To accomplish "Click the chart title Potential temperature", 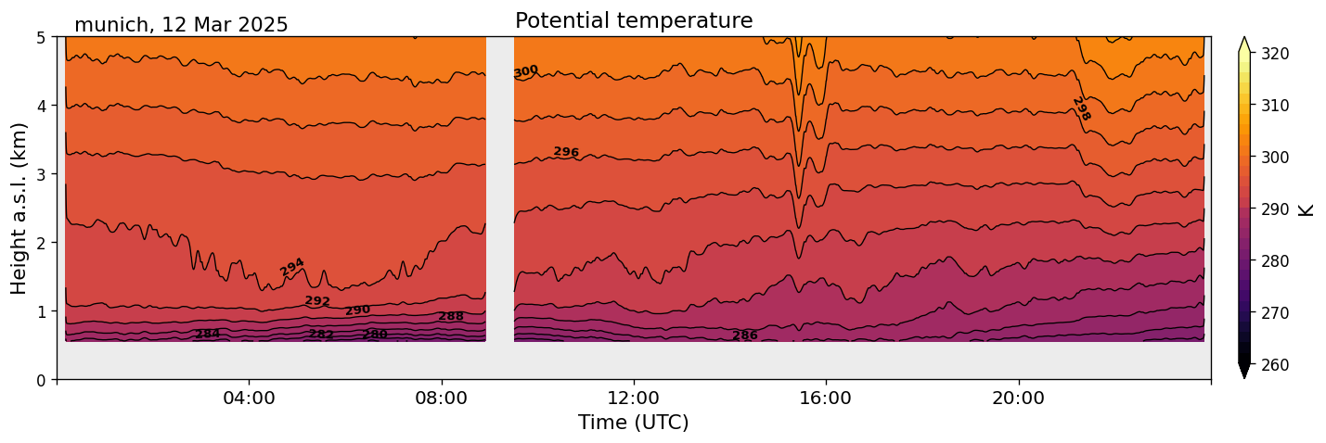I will click(634, 20).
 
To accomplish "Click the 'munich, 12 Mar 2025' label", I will click(181, 25).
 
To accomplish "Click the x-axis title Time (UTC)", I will click(634, 423).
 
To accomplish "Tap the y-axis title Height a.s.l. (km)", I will click(19, 208).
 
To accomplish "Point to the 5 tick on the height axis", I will click(42, 37).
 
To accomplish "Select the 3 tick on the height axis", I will click(42, 174).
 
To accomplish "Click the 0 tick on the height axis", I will click(42, 379).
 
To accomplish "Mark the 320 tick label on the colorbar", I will click(1275, 54).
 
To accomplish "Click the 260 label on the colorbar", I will click(1275, 364).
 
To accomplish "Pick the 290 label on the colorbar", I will click(1275, 209).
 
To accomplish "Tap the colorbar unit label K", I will click(1307, 209).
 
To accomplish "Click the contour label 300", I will click(526, 71).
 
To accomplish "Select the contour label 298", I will click(1081, 109).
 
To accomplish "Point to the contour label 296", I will click(566, 152).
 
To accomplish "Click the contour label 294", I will click(292, 267).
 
